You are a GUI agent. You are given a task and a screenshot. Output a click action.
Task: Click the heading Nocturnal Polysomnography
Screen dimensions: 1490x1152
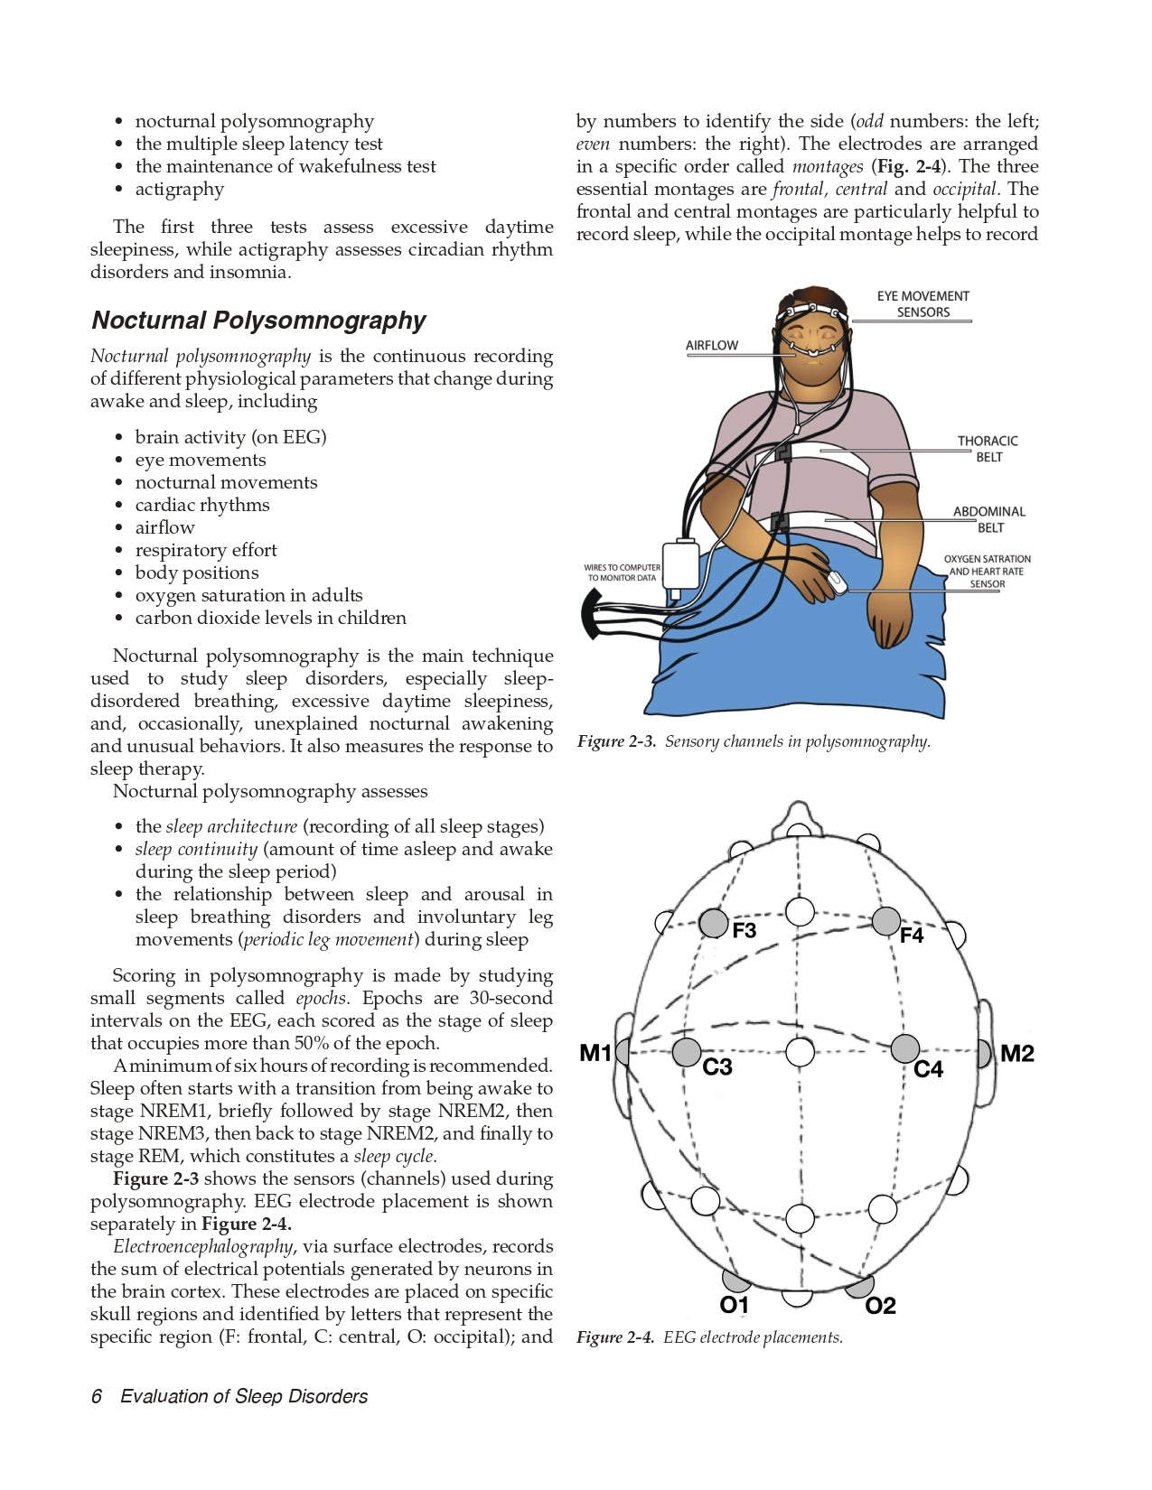click(x=258, y=321)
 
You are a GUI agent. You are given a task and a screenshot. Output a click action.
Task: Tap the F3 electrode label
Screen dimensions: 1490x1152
click(x=744, y=930)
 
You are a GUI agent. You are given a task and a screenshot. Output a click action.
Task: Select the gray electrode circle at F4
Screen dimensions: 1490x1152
click(x=886, y=921)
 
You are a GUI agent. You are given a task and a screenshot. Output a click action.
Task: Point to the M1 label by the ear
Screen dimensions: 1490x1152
click(x=595, y=1053)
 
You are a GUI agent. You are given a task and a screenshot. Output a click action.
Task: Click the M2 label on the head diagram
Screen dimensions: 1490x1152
click(x=1017, y=1053)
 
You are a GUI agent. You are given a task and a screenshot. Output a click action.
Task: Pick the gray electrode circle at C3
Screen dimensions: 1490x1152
click(x=687, y=1052)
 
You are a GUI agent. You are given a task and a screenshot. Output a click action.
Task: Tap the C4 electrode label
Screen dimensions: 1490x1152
click(x=928, y=1069)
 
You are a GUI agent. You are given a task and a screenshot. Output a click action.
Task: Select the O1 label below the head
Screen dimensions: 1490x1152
click(x=735, y=1305)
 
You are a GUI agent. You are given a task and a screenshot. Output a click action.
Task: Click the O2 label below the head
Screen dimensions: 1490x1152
click(x=880, y=1306)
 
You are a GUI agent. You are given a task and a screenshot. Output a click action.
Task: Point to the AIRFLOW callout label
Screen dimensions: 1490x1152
click(x=712, y=345)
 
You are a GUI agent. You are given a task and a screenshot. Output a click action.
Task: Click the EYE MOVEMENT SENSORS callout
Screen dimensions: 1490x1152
click(x=923, y=304)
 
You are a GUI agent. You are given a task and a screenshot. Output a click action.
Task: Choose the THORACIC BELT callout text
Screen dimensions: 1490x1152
click(x=988, y=449)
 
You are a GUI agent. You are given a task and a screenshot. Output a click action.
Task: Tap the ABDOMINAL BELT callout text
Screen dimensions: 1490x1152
click(x=989, y=519)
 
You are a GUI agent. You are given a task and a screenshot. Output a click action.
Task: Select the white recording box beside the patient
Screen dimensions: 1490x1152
click(x=680, y=565)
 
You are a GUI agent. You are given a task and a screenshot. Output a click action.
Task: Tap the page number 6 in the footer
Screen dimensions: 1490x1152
click(x=97, y=1396)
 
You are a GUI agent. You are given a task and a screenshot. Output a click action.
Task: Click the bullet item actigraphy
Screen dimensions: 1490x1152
click(x=179, y=189)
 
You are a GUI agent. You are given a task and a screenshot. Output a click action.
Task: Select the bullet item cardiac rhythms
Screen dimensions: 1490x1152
click(x=202, y=505)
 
